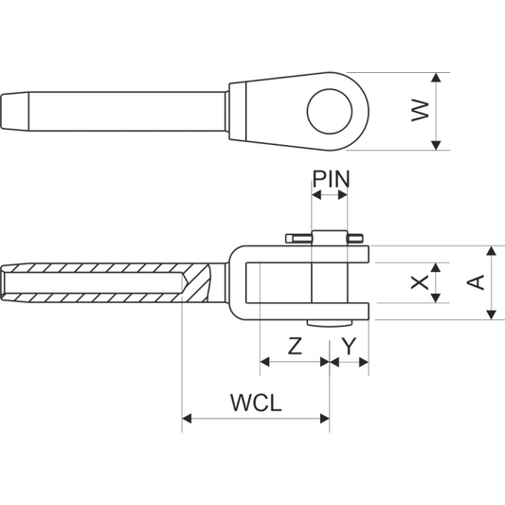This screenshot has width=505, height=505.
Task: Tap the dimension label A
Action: tap(477, 282)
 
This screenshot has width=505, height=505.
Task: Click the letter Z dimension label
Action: tap(295, 346)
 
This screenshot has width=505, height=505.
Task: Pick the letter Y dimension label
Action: tap(350, 346)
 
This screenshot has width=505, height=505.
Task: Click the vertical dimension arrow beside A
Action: tap(492, 282)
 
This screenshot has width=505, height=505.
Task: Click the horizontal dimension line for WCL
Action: tap(256, 417)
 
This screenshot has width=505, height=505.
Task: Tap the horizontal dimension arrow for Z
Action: tap(295, 361)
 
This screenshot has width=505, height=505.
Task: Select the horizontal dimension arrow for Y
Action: tap(350, 361)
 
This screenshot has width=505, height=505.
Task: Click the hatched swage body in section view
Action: tap(104, 283)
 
